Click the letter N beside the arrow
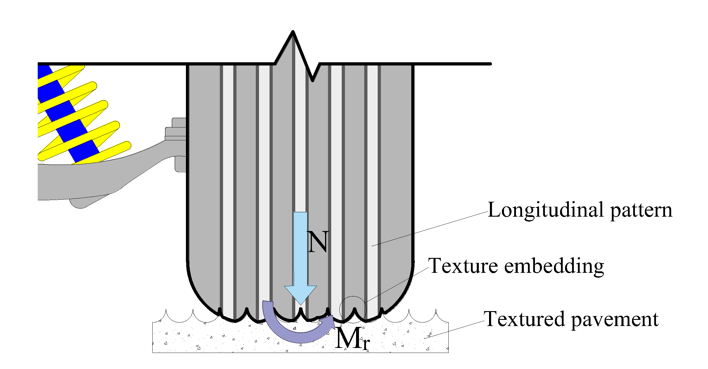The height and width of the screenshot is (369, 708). point(318,242)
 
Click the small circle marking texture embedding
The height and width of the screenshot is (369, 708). point(353,309)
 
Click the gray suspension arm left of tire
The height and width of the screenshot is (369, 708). point(96,181)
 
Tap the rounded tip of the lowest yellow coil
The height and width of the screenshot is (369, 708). point(127,145)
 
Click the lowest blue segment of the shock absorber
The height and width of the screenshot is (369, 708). point(84,151)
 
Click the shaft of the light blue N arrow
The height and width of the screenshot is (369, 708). point(301,249)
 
